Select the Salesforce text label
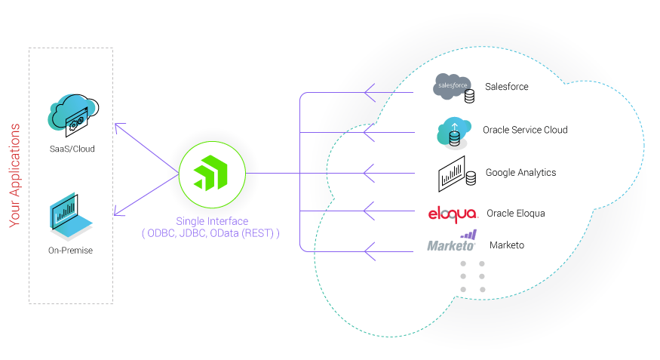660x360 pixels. [x=506, y=87]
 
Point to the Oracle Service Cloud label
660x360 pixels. [x=525, y=130]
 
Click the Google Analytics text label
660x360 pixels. [x=520, y=173]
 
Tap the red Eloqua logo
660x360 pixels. [x=452, y=214]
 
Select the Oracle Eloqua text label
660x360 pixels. [x=515, y=214]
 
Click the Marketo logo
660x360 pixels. [x=452, y=243]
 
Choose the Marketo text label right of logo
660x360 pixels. [x=507, y=245]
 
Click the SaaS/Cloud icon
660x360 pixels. [x=72, y=115]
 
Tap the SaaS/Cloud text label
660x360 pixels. [x=72, y=149]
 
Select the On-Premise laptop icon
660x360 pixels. [x=71, y=215]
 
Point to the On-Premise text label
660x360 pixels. [x=71, y=250]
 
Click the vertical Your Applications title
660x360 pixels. [x=15, y=175]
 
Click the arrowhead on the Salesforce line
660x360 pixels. [x=370, y=93]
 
